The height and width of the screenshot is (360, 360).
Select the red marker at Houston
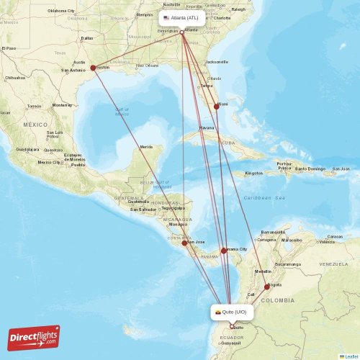(x=94, y=68)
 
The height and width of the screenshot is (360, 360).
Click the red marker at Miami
(x=216, y=107)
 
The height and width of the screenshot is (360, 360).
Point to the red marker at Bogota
(x=267, y=287)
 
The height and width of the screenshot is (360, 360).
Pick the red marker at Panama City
(x=224, y=251)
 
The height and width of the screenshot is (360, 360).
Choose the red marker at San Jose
(x=185, y=243)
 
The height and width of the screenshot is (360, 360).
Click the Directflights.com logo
(x=34, y=338)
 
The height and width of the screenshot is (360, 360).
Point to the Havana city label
(x=207, y=127)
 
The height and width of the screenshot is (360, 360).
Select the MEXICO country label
(x=34, y=125)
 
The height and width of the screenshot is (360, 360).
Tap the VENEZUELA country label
(x=333, y=264)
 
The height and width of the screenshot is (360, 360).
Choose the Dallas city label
(x=87, y=38)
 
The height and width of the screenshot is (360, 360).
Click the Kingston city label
(x=254, y=173)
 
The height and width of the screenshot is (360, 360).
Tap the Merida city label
(x=146, y=147)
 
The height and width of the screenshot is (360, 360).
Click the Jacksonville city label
(x=217, y=62)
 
